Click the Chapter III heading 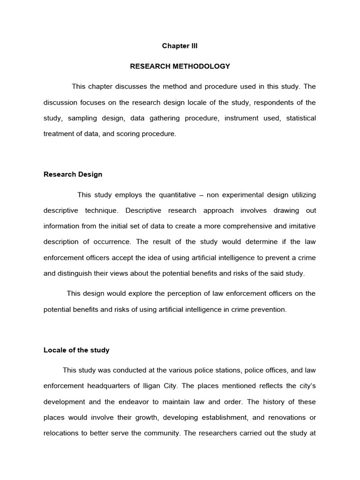[180, 46]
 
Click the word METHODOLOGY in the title [202, 67]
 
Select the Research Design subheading [73, 174]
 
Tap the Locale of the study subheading [76, 350]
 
